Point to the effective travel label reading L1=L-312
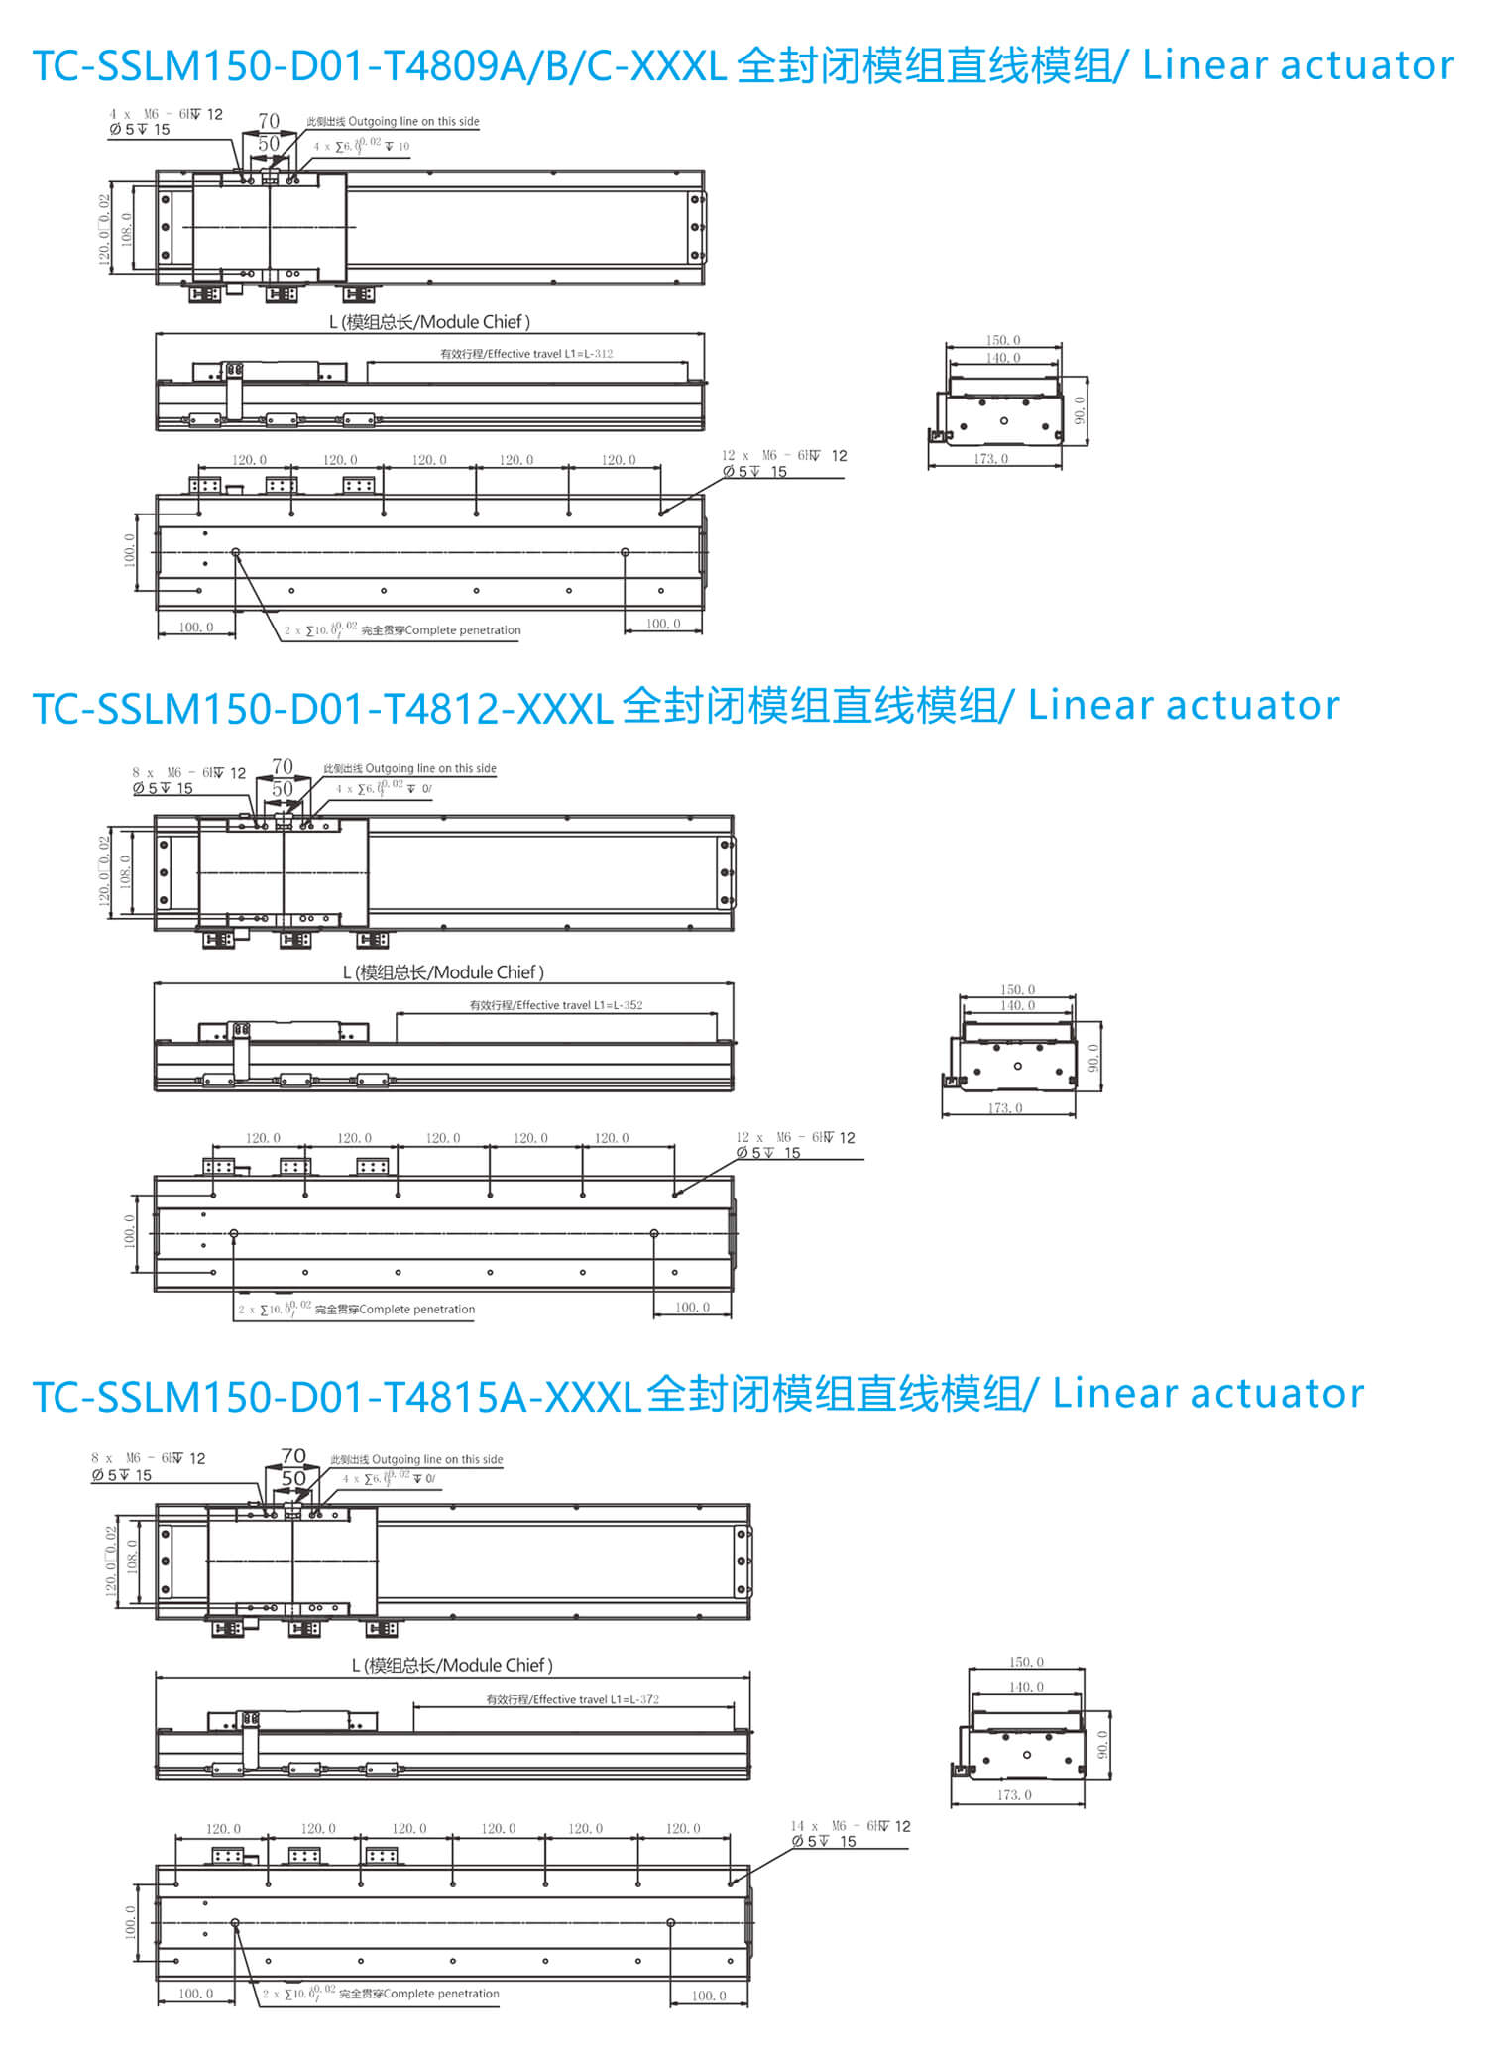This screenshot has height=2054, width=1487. (526, 354)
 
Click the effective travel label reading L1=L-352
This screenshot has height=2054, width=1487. (555, 1005)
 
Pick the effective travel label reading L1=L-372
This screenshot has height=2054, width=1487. (572, 1699)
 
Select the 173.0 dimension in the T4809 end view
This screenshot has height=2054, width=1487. (990, 459)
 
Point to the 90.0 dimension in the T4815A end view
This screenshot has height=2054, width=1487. (1102, 1745)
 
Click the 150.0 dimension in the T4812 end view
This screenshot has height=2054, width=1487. (1017, 989)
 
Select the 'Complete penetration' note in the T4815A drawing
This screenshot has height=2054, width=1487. (418, 1994)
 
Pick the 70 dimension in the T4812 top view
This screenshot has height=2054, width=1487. (283, 766)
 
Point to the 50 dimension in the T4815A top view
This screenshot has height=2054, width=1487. (293, 1478)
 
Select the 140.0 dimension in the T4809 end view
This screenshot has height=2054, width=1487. (1002, 358)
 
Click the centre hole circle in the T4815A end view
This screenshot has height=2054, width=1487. (1027, 1755)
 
